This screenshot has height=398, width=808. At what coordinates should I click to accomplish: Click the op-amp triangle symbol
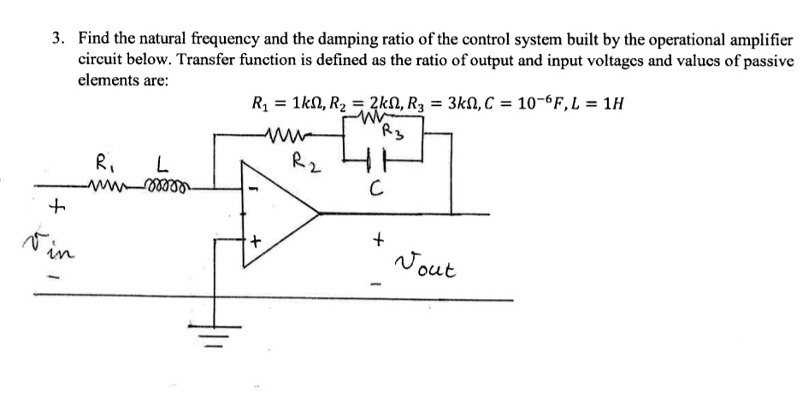click(x=278, y=211)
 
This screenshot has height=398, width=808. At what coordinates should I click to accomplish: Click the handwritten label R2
click(x=304, y=161)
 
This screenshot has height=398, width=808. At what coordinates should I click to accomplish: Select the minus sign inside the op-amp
click(x=253, y=188)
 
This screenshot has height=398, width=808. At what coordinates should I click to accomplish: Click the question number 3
click(x=57, y=39)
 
